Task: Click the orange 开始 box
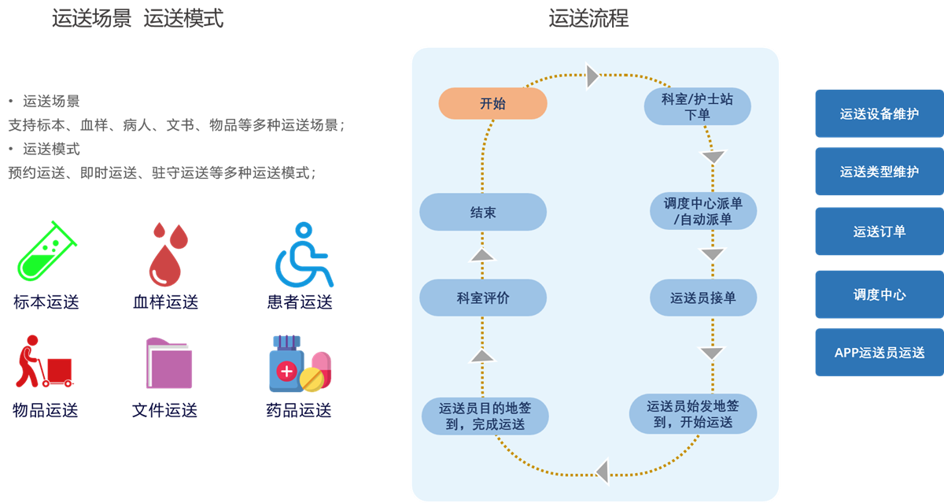point(492,103)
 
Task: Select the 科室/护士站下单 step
point(697,107)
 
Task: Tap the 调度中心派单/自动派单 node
point(703,211)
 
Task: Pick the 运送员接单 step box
point(702,298)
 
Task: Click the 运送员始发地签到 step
point(693,414)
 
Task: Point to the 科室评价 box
point(483,298)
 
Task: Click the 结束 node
point(483,212)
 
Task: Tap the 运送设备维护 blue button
point(879,113)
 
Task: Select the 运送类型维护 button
point(879,172)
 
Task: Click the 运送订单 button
point(879,231)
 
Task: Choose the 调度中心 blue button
point(879,294)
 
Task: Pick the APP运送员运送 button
point(879,353)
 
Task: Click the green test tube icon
point(46,251)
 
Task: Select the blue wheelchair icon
point(303,254)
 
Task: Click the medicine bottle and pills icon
point(300,364)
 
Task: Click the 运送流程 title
point(588,18)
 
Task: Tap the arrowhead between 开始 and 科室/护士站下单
point(593,76)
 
